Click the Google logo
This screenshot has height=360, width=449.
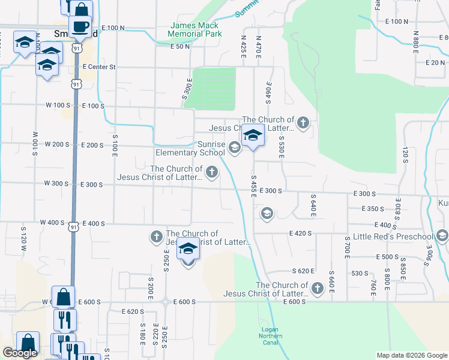(x=19, y=353)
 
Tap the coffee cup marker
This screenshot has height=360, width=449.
(x=80, y=26)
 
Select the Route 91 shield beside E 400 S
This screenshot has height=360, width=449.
(x=73, y=226)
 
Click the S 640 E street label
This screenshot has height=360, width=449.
(x=313, y=205)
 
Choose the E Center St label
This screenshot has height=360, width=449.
(x=99, y=67)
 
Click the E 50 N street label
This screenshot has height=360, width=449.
(x=181, y=46)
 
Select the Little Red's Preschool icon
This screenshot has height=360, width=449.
(x=443, y=235)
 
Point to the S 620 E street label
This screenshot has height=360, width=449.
(x=304, y=271)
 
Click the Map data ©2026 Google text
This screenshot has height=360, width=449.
(x=412, y=355)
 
